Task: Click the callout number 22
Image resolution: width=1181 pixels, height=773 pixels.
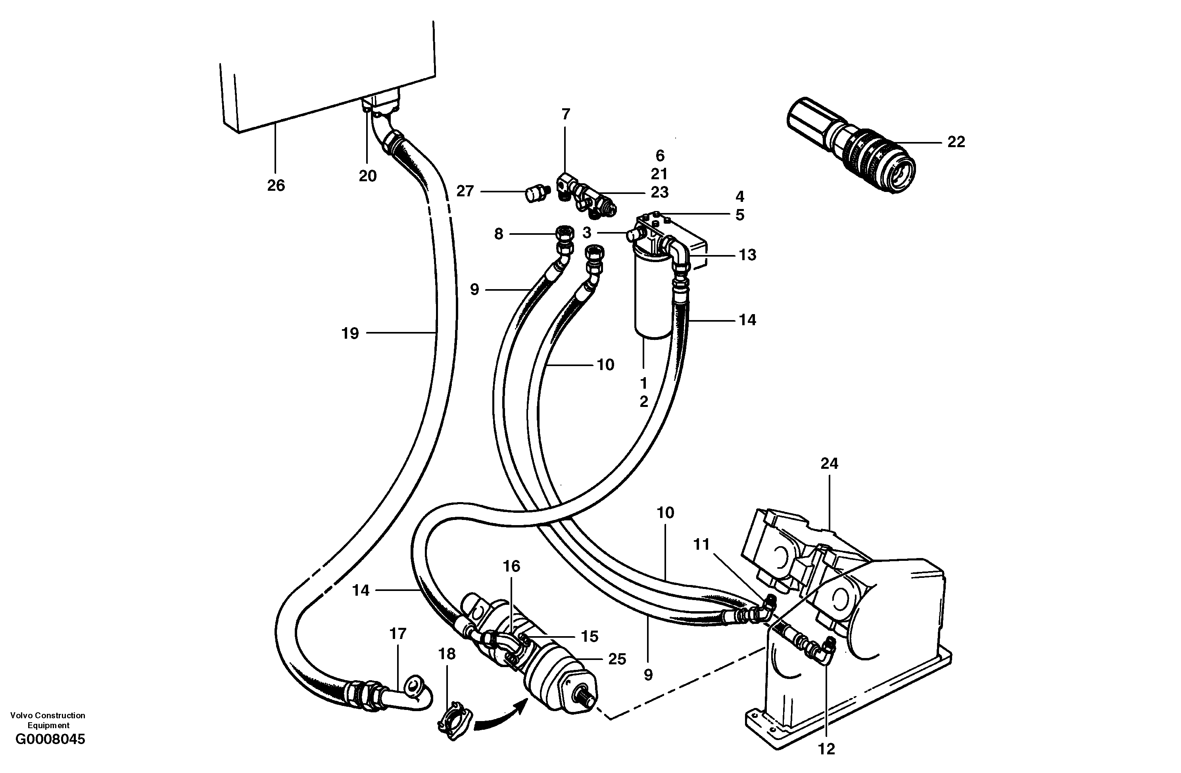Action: [956, 142]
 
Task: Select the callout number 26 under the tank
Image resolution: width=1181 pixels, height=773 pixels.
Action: [276, 185]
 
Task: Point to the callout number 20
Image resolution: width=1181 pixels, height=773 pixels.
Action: [368, 176]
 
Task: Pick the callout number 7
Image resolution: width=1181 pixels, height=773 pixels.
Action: [566, 114]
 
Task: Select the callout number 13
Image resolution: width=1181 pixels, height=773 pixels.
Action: [747, 255]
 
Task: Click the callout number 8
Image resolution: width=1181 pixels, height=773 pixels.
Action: [499, 234]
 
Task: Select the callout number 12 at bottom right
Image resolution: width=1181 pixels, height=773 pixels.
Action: [826, 749]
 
